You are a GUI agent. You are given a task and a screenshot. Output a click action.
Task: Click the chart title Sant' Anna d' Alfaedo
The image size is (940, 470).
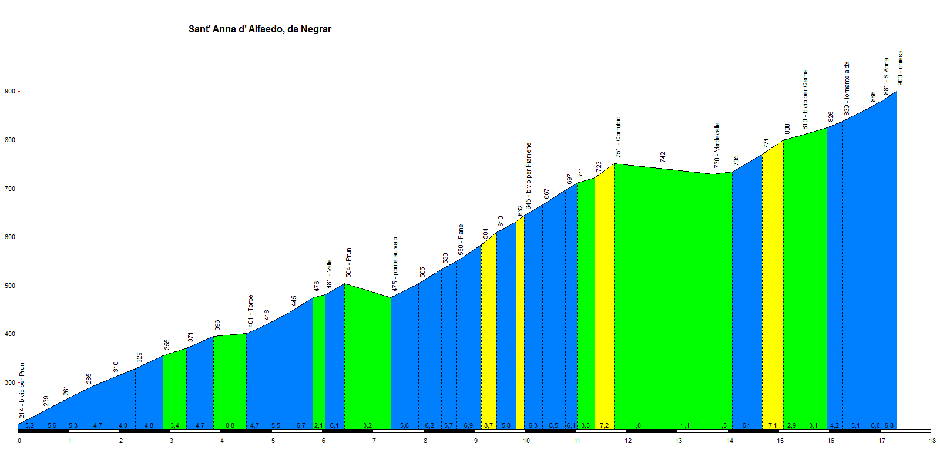[x=260, y=29]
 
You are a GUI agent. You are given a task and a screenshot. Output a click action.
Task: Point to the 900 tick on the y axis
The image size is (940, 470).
[x=10, y=92]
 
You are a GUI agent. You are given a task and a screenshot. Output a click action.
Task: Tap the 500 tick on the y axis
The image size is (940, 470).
[x=10, y=286]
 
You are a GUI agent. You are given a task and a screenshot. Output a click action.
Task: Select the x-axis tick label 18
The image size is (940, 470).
[x=932, y=441]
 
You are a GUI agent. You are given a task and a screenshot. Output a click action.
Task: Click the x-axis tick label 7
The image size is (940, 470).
[x=374, y=441]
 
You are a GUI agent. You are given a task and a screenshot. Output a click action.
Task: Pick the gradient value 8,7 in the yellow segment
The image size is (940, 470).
[x=488, y=425]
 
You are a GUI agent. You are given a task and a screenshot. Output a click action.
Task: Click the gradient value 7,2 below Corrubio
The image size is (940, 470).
[x=603, y=425]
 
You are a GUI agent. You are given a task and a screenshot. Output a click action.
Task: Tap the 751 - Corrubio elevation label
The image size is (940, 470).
[x=618, y=137]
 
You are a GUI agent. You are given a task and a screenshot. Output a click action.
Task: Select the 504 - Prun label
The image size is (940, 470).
[x=348, y=263]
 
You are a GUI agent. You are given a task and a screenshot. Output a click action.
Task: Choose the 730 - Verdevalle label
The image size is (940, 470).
[x=717, y=145]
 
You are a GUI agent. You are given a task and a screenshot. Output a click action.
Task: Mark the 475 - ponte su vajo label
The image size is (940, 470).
[x=395, y=264]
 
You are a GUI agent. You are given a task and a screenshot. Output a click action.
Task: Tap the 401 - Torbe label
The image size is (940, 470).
[x=250, y=311]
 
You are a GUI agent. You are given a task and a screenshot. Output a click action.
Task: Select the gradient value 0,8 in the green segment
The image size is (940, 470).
[x=230, y=425]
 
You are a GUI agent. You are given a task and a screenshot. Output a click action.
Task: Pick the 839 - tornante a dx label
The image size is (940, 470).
[x=847, y=89]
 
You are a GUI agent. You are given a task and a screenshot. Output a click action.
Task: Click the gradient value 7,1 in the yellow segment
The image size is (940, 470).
[x=773, y=425]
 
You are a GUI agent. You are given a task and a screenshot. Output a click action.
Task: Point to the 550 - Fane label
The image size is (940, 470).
[x=461, y=240]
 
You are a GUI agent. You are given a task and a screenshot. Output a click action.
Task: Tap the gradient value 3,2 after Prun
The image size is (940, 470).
[x=367, y=425]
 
